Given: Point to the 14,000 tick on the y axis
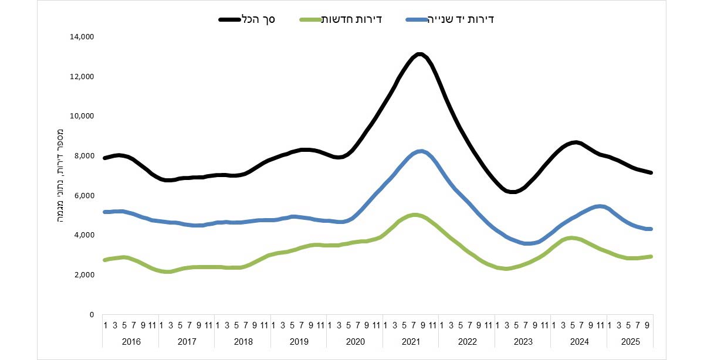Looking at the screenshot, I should [82, 37].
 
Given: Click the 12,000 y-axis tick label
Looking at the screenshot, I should [82, 77].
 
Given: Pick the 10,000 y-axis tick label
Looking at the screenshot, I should [82, 116].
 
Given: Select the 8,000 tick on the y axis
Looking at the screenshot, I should [84, 156].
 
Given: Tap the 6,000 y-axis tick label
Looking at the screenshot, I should [84, 196].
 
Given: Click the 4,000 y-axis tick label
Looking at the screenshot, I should [84, 235].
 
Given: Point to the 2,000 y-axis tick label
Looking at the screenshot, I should [84, 275].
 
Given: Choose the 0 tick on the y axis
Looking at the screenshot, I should [92, 315].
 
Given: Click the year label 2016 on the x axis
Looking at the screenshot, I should [130, 341].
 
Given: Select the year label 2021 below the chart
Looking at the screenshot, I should [411, 341].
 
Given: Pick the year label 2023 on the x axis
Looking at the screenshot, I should [523, 341].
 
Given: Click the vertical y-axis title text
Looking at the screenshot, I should [61, 176].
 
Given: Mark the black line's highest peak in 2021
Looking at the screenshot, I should [419, 55].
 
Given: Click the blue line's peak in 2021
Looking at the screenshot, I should [421, 151].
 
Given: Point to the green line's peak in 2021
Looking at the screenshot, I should [415, 215].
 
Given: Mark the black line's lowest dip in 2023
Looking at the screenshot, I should [512, 191].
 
